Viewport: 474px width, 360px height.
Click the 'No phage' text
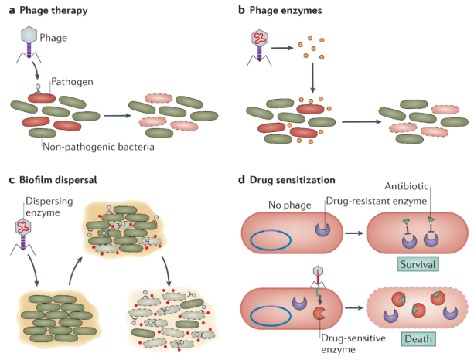pos(290,205)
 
